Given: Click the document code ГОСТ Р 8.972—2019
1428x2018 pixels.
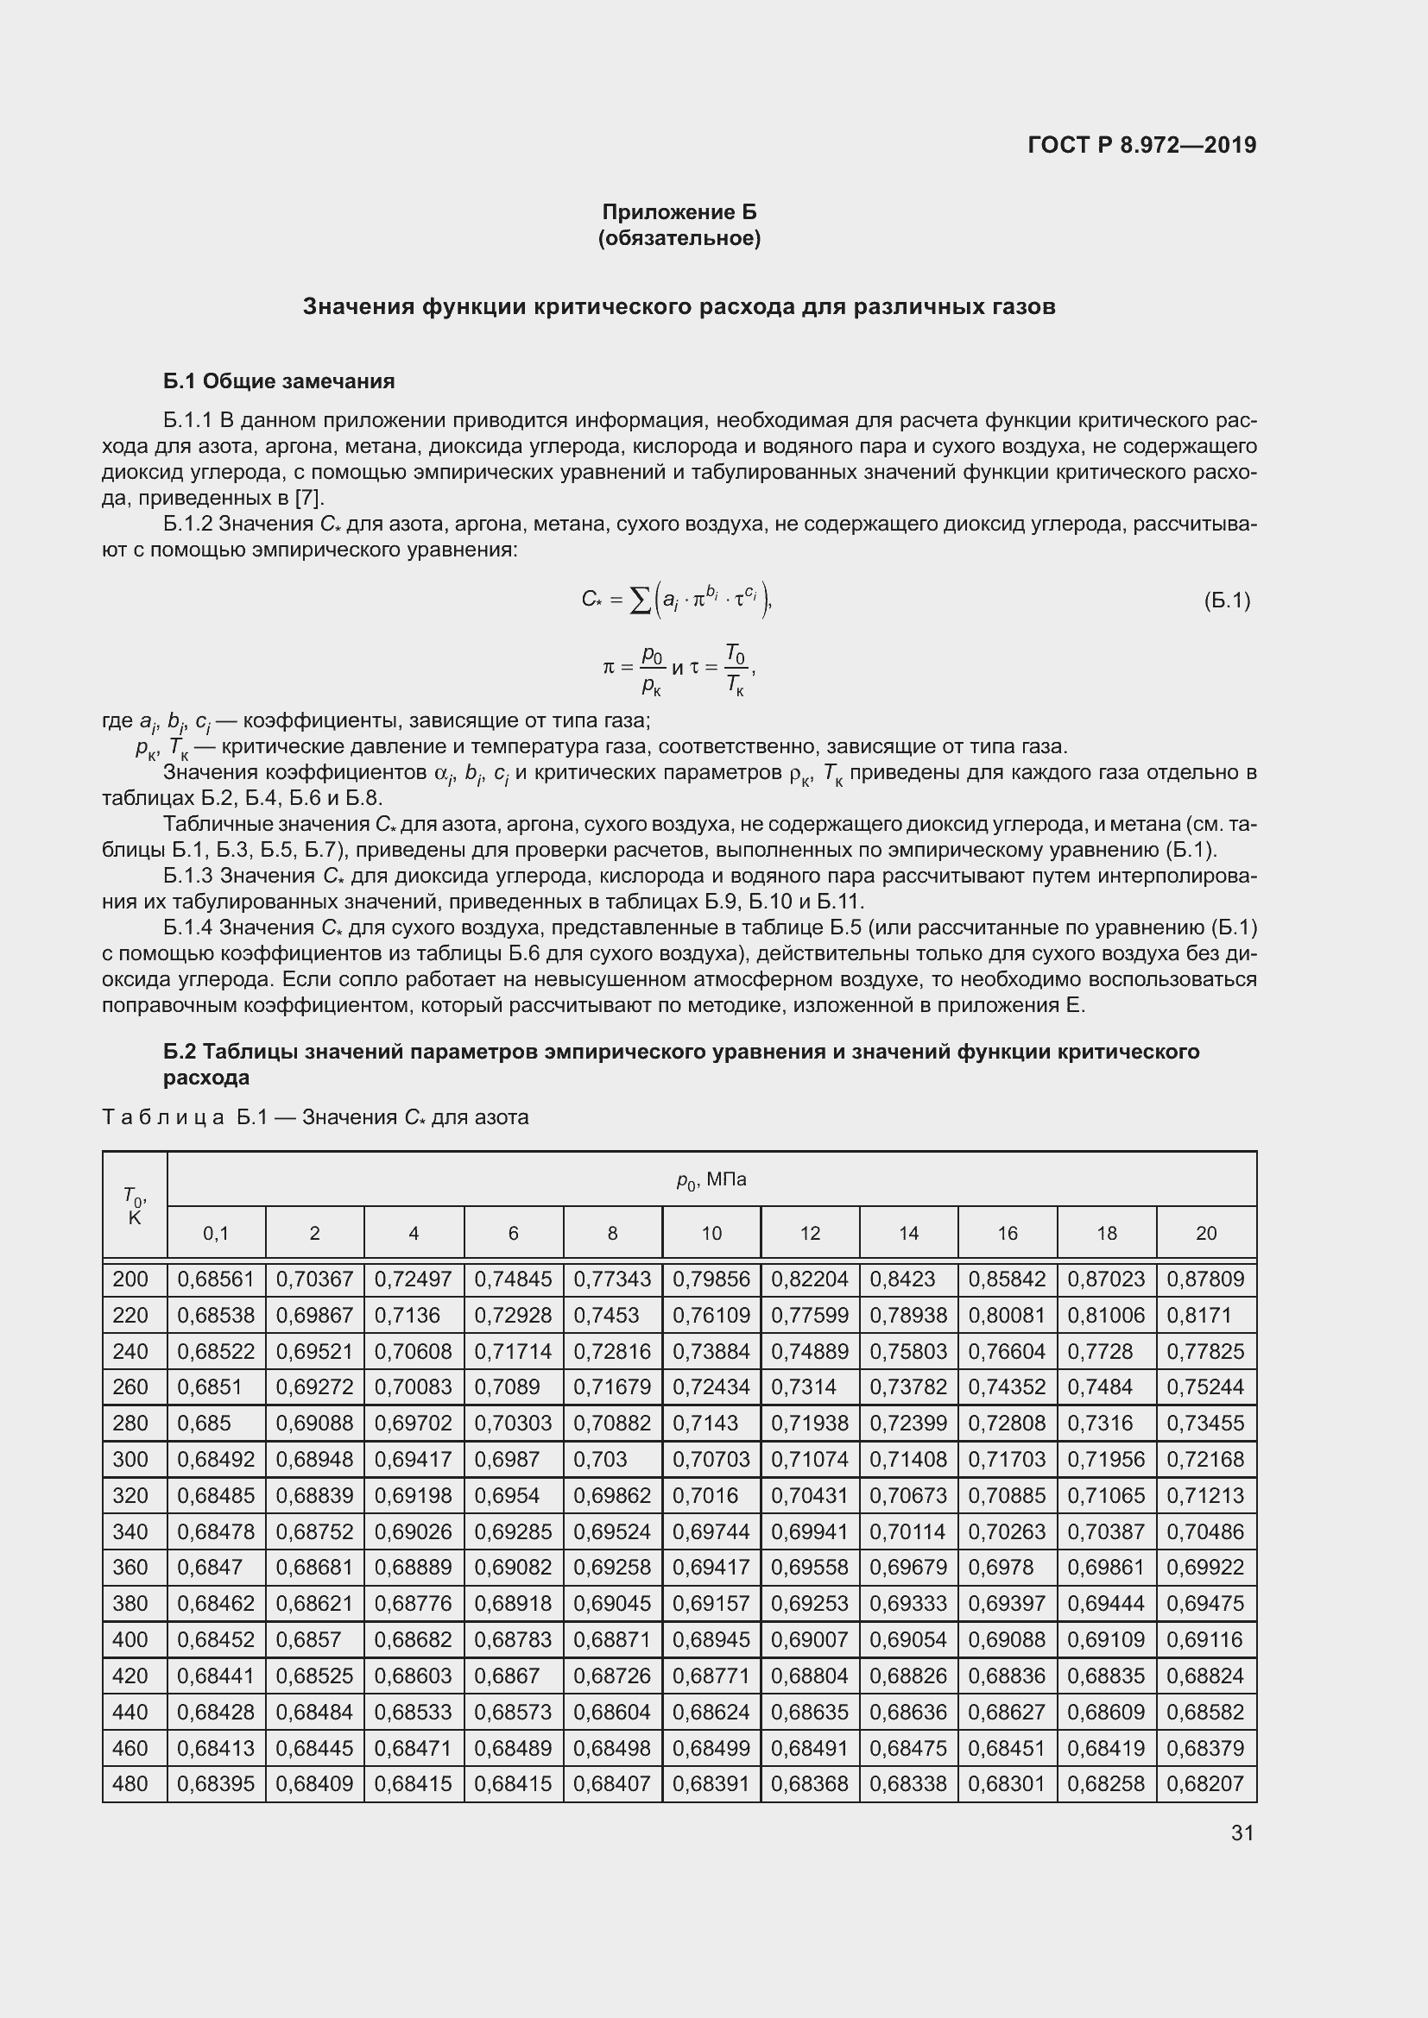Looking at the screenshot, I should tap(1141, 145).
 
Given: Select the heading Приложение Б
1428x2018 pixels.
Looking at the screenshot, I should tap(679, 212).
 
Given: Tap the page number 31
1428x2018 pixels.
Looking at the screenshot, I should tap(1242, 1833).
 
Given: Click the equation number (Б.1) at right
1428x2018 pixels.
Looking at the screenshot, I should tap(1227, 600).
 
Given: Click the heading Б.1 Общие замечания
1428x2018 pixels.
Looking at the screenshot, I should tap(279, 380).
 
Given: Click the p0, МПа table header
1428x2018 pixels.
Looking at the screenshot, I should tap(711, 1179).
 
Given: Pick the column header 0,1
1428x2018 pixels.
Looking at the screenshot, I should tap(216, 1233).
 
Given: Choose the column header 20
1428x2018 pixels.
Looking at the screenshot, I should tap(1205, 1233).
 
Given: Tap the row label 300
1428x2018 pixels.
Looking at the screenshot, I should tap(130, 1459).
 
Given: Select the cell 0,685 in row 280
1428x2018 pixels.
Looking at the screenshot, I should tap(204, 1423).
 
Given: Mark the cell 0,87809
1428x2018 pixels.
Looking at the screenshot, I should tap(1204, 1279).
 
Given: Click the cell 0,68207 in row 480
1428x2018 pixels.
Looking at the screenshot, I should tap(1204, 1783).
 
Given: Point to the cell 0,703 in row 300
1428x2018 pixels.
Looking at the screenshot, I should tap(600, 1459).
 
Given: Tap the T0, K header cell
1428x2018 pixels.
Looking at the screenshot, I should tap(135, 1205).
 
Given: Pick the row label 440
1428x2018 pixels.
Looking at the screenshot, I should tap(130, 1711).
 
